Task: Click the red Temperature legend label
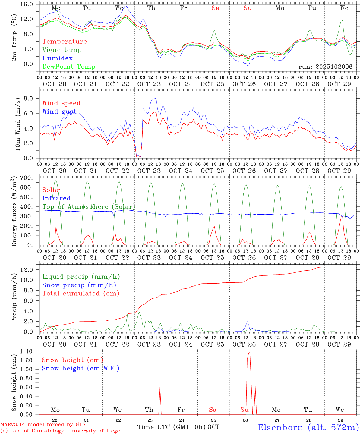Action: click(65, 42)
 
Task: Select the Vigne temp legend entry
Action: click(62, 50)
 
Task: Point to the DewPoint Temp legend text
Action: click(69, 67)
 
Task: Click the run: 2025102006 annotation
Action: click(325, 67)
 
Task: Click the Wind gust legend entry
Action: click(59, 112)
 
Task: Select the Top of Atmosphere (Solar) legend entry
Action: click(89, 207)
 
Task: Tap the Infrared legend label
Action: click(56, 198)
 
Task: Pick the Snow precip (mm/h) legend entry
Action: click(79, 285)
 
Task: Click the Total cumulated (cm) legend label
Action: click(81, 293)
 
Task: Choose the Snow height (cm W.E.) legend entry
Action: click(81, 368)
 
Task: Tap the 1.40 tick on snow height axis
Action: click(30, 351)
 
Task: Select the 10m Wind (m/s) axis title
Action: click(18, 124)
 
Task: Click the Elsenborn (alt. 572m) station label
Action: click(308, 427)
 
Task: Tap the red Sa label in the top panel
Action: click(215, 8)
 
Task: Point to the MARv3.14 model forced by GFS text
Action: click(43, 425)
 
